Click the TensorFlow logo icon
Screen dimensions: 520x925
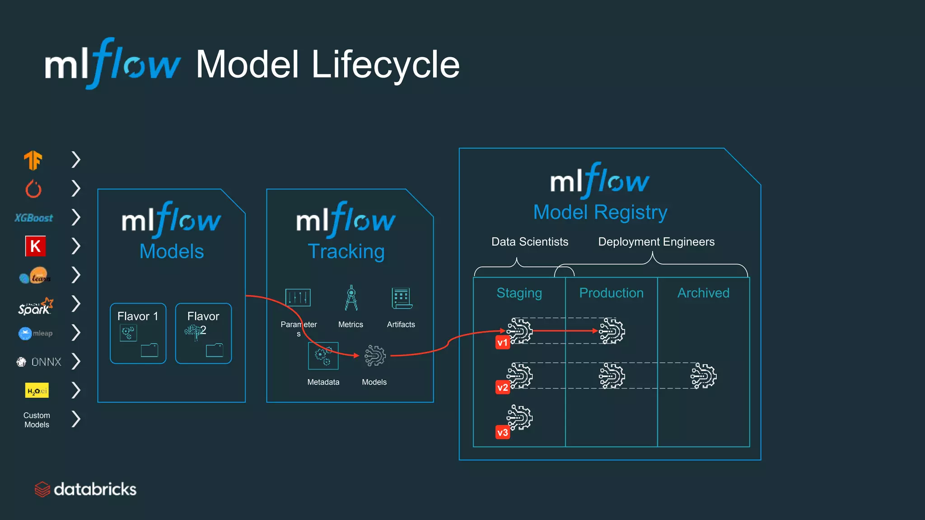coord(33,160)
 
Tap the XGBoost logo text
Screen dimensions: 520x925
coord(34,218)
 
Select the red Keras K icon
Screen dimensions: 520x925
coord(35,246)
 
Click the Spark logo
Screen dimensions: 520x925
coord(35,306)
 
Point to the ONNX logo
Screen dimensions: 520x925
coord(39,362)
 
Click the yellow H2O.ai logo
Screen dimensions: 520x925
coord(37,390)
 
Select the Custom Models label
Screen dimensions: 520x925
coord(37,420)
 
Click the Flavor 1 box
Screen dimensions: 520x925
coord(138,333)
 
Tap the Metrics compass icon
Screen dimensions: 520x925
coord(351,298)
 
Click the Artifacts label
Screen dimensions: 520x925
coord(401,325)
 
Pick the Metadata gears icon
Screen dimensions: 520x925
coord(323,356)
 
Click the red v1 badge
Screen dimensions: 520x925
coord(502,343)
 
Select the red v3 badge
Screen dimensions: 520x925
coord(502,432)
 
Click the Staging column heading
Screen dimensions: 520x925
coord(519,293)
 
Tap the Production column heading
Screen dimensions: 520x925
coord(611,293)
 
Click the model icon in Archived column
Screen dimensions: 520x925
coord(703,376)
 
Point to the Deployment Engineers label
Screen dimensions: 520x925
coord(656,242)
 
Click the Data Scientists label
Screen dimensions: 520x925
coord(529,242)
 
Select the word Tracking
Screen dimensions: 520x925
coord(346,251)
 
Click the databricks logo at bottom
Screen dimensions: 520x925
coord(86,489)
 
